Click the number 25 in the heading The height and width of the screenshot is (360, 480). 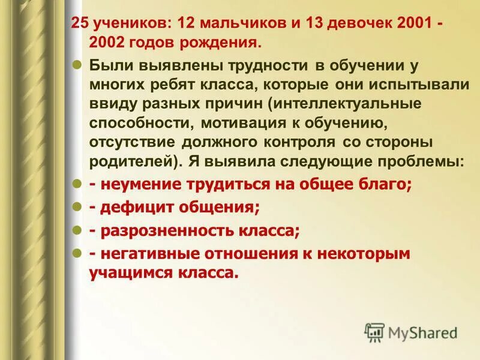point(78,24)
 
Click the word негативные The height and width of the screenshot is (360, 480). point(143,254)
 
